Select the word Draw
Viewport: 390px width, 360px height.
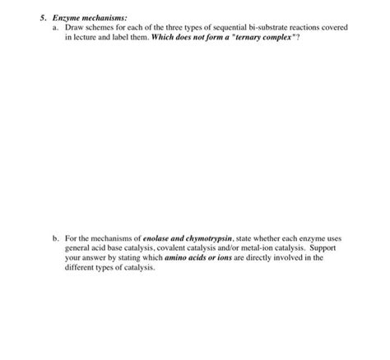73,27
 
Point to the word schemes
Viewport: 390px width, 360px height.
101,27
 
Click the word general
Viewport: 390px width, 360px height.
77,247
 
